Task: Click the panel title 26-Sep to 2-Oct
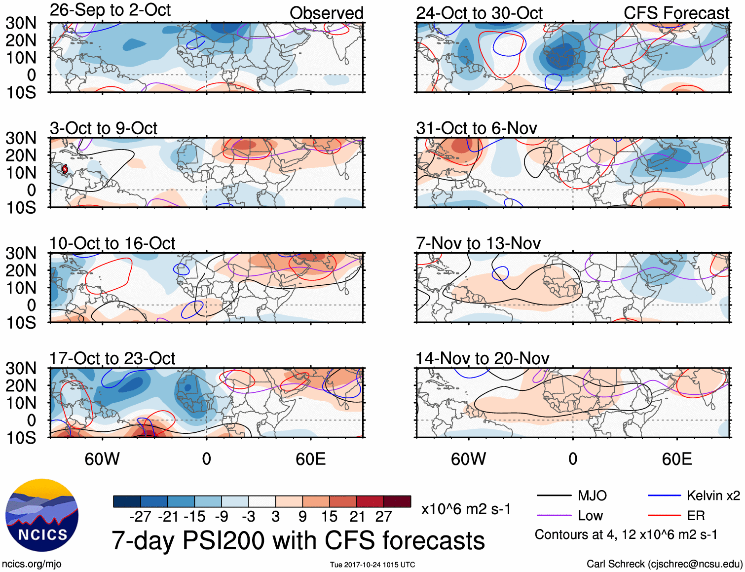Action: [110, 10]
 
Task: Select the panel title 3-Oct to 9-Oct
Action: [104, 128]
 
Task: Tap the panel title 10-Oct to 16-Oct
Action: [112, 243]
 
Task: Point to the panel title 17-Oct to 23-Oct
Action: [112, 359]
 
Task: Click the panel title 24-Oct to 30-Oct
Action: [479, 13]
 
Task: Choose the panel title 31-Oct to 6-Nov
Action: [476, 128]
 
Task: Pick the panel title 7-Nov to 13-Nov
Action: [478, 243]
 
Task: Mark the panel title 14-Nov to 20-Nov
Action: [482, 359]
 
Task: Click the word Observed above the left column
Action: [326, 13]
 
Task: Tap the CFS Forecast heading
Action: [676, 13]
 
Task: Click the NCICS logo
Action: [42, 515]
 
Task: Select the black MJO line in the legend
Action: [554, 496]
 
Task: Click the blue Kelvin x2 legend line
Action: [664, 496]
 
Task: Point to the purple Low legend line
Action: [554, 516]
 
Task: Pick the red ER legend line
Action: [664, 516]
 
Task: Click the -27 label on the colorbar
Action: [140, 517]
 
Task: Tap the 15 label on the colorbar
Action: [329, 517]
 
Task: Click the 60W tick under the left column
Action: [102, 459]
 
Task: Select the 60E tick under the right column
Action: [676, 459]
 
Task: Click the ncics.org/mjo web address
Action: [32, 564]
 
